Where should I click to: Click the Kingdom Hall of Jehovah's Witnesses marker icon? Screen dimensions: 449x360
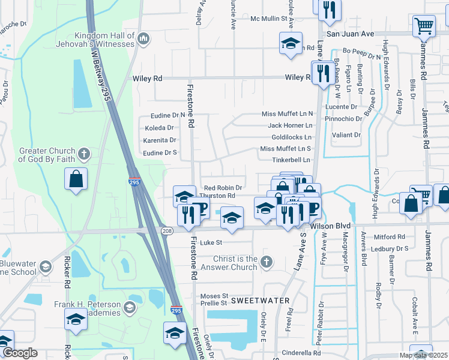click(x=143, y=40)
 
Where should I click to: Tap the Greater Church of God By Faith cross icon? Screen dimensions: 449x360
click(x=83, y=155)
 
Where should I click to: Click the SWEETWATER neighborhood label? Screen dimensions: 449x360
click(x=252, y=300)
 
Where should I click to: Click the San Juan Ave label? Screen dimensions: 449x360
click(x=348, y=35)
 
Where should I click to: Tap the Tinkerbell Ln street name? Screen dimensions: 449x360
click(x=291, y=160)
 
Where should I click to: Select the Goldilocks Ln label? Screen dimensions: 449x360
click(x=292, y=137)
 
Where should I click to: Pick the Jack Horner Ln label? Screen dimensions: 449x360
click(x=290, y=125)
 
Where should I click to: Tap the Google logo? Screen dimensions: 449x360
click(x=20, y=353)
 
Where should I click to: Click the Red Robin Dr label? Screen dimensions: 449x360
click(x=223, y=188)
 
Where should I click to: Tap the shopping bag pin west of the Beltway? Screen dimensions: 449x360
click(x=76, y=179)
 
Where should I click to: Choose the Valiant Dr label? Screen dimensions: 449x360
click(x=346, y=135)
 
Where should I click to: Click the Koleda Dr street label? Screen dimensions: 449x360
click(x=159, y=128)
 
